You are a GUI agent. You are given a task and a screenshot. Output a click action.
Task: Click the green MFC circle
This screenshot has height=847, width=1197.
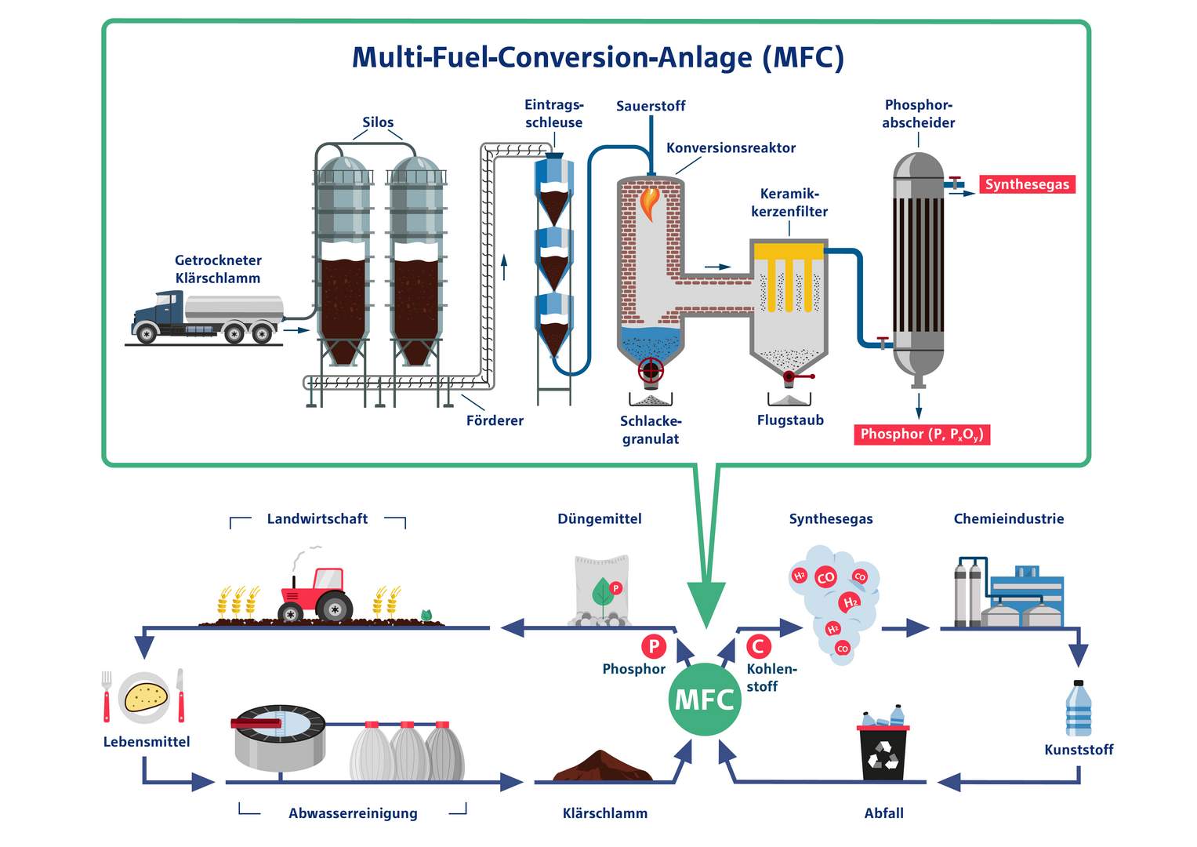705,699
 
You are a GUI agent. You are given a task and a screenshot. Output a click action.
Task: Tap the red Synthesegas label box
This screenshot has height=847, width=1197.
1027,184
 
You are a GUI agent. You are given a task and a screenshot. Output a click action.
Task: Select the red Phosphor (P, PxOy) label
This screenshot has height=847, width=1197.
922,434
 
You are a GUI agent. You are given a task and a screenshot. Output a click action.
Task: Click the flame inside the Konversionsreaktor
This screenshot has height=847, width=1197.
650,202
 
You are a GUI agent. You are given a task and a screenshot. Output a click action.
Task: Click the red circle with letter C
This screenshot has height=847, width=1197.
758,646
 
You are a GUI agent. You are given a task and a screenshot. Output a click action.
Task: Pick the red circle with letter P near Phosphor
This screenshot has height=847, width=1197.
653,646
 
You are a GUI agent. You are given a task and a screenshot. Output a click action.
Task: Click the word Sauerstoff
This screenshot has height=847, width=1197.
651,106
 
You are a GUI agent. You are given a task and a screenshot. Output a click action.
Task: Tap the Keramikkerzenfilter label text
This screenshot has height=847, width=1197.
789,202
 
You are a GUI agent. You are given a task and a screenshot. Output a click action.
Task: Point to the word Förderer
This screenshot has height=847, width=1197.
495,420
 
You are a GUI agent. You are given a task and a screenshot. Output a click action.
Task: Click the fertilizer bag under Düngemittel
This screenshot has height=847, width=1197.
601,591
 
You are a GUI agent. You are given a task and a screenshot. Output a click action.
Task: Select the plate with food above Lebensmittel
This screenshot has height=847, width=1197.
145,696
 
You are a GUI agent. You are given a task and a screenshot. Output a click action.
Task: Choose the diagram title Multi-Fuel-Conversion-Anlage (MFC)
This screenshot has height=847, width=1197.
597,57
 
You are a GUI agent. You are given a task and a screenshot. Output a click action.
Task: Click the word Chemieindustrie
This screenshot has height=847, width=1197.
1008,518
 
